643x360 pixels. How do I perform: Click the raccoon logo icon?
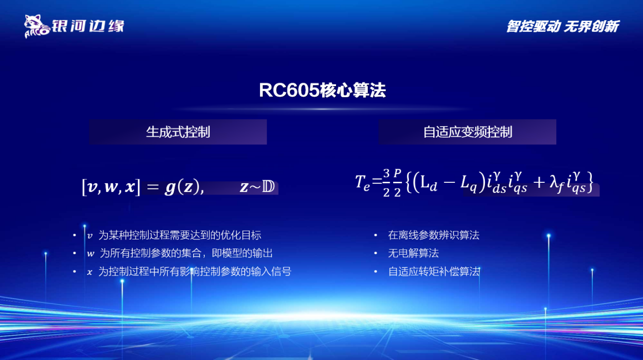click(36, 26)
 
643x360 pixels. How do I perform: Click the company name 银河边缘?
click(87, 25)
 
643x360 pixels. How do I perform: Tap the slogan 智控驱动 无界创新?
click(562, 26)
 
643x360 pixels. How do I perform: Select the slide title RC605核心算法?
click(322, 91)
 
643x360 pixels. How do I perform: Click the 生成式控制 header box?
click(178, 132)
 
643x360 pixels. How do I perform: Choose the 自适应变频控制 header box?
click(467, 132)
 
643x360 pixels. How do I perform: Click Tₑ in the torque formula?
click(363, 183)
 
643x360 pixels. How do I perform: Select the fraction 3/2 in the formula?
click(386, 182)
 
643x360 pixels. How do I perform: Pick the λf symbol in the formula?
click(557, 184)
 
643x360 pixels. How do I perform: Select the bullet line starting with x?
click(189, 271)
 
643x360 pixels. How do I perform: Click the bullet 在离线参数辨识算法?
click(434, 235)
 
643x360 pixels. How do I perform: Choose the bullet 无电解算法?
click(413, 253)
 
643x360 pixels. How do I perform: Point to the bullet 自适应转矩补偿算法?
click(434, 271)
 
